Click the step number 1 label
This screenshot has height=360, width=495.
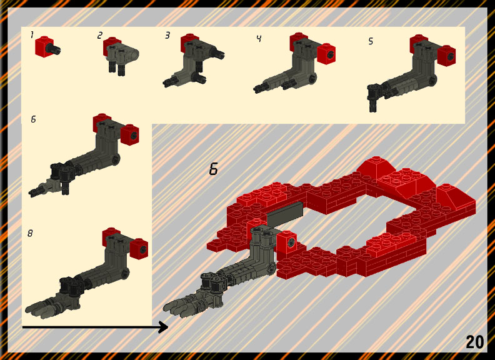click(32, 35)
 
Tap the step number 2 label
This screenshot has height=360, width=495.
click(100, 36)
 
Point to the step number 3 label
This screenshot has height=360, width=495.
click(167, 36)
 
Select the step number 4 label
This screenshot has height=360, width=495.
click(259, 39)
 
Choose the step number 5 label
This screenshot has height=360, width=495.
click(371, 41)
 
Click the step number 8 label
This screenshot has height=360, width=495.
click(30, 233)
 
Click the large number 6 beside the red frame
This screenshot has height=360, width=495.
click(213, 169)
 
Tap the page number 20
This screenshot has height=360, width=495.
click(474, 342)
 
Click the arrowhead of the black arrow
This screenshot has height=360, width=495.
click(164, 327)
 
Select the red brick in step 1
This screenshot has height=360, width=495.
click(44, 47)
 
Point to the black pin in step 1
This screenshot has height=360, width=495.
click(54, 49)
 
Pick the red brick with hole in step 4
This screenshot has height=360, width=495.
click(326, 54)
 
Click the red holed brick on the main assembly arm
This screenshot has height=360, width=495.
click(287, 242)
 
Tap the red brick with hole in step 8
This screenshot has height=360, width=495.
click(139, 249)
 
